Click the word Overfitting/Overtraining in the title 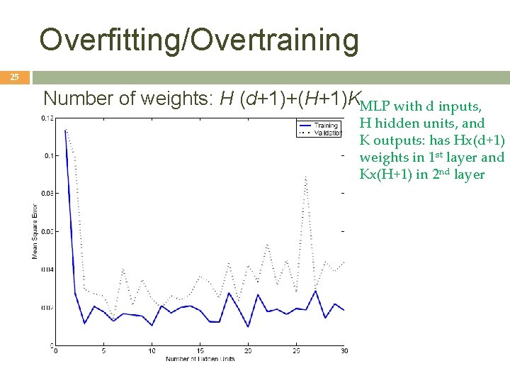[199, 40]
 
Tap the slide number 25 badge [15, 77]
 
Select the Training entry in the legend [327, 126]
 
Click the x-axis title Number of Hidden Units [200, 359]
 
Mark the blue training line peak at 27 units [315, 290]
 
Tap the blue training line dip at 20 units [248, 326]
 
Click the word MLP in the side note [375, 107]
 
